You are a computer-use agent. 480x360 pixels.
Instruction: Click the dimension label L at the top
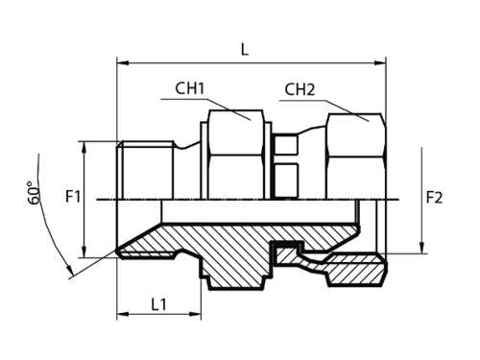coord(245,50)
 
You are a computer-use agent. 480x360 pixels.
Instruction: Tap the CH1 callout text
coord(190,88)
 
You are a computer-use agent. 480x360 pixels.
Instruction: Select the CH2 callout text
coord(300,89)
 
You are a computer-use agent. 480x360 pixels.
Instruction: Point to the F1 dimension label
coord(73,196)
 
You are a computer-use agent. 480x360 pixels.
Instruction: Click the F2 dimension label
coord(435,197)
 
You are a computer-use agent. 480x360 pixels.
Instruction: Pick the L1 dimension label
coord(159,304)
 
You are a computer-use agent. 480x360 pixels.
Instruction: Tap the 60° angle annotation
coord(34,192)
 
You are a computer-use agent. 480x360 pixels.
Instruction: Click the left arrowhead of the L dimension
coord(123,63)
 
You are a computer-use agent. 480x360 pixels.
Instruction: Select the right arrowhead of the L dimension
coord(380,63)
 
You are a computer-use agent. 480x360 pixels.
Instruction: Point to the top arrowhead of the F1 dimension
coord(84,147)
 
